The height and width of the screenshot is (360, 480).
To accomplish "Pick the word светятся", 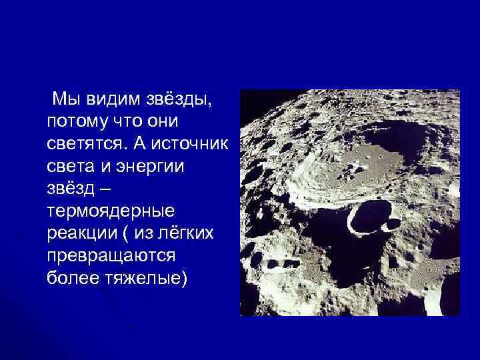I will (x=89, y=144).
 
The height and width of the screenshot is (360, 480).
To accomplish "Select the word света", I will (x=69, y=167).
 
